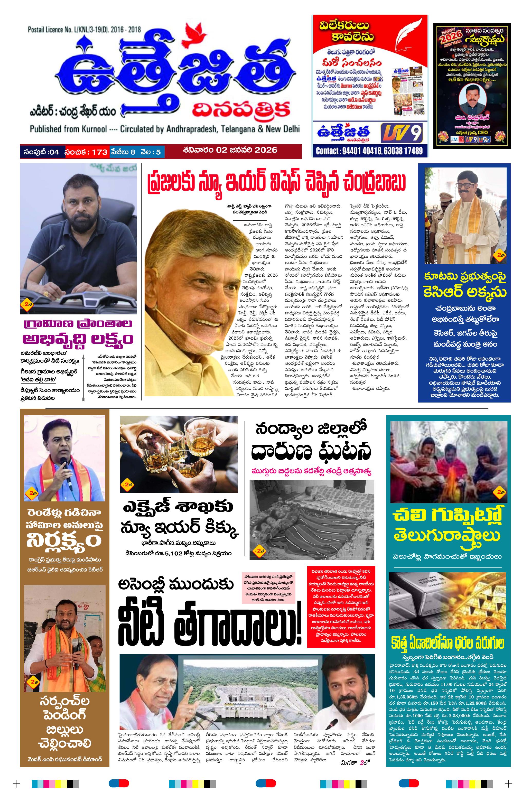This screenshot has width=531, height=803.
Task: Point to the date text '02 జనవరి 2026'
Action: [247, 150]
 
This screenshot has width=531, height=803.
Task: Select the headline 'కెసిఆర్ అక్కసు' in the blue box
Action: [465, 293]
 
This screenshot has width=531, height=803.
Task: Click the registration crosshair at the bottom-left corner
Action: [16, 784]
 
